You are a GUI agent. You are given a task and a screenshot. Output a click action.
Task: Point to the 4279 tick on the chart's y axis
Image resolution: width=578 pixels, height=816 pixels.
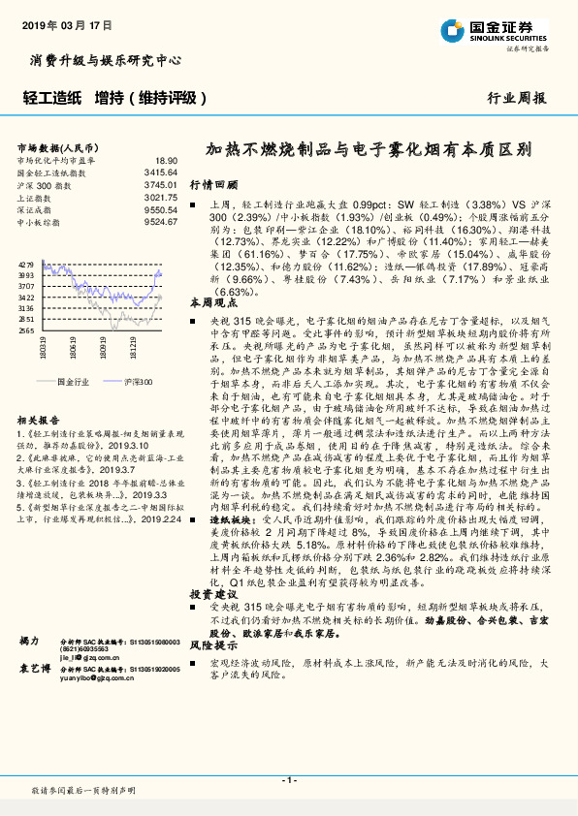click(26, 264)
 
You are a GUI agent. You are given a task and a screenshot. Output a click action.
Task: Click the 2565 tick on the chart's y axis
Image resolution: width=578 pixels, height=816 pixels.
click(26, 330)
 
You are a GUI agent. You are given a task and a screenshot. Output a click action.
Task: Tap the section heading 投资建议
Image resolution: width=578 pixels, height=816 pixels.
click(213, 592)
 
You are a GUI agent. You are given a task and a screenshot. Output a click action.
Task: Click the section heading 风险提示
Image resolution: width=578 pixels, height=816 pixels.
click(213, 644)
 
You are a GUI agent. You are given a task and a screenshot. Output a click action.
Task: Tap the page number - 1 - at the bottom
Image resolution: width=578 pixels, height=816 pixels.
click(289, 779)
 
